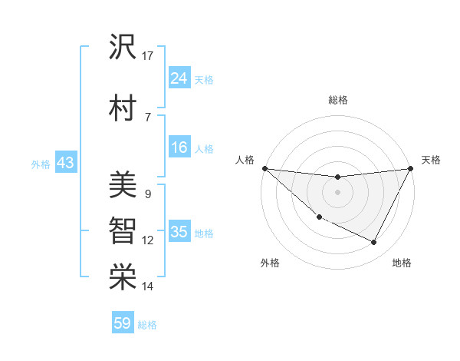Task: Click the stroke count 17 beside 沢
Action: [x=148, y=56]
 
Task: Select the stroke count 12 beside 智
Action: [x=148, y=240]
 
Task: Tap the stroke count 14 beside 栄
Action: [x=148, y=286]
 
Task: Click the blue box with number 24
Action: [x=179, y=78]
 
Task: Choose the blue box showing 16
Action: [x=179, y=147]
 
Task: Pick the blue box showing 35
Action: [x=179, y=232]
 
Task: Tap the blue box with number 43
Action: [x=64, y=163]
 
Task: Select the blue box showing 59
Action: [x=123, y=323]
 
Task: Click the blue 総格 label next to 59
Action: [x=148, y=325]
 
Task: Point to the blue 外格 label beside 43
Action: [x=41, y=164]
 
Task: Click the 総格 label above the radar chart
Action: [x=337, y=100]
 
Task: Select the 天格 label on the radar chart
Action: [x=431, y=160]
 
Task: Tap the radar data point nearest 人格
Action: [x=264, y=168]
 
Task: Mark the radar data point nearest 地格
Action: [x=374, y=243]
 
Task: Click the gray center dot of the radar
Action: [x=337, y=191]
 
